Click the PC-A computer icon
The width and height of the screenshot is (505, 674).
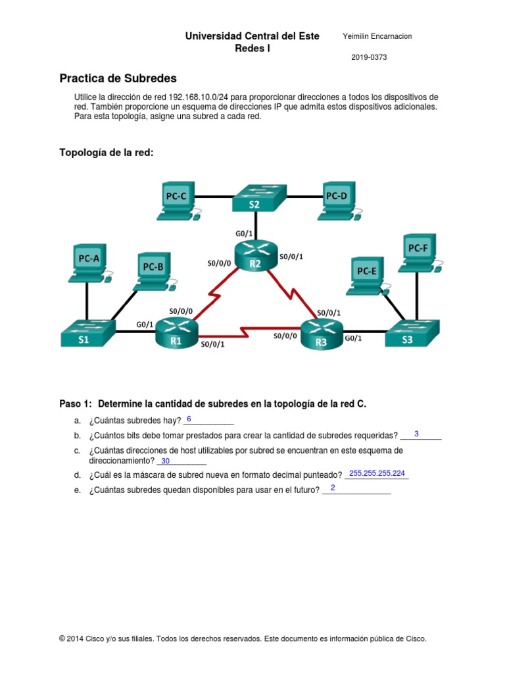click(89, 263)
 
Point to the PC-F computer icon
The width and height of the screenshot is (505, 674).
click(419, 253)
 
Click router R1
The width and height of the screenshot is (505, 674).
click(176, 334)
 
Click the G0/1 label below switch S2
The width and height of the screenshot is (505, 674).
click(245, 233)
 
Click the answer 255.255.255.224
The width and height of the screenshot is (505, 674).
click(377, 473)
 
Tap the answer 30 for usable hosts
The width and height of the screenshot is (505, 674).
click(165, 461)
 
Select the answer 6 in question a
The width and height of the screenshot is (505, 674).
click(189, 419)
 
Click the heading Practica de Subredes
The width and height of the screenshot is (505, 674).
click(118, 78)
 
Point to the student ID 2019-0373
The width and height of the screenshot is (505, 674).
click(369, 57)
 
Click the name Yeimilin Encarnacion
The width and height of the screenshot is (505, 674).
click(377, 36)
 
